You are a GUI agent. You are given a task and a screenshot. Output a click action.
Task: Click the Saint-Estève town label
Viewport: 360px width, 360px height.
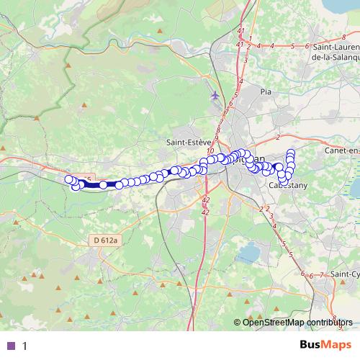pos(188,142)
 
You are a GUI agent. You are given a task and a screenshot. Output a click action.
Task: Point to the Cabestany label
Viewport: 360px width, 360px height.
pos(286,185)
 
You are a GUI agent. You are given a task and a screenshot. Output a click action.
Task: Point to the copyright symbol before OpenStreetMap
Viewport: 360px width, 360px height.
pos(238,322)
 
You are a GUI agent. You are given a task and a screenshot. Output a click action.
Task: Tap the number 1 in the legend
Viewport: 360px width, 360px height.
pos(24,346)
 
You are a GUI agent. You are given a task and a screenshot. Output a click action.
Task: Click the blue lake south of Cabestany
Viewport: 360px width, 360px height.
pos(249,252)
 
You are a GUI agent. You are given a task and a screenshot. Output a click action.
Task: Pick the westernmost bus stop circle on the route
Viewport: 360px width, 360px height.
pos(69,179)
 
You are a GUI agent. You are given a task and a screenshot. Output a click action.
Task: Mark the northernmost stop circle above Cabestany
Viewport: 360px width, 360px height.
pos(291,152)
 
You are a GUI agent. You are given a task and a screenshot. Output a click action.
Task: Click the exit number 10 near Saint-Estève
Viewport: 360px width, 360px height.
pos(210,150)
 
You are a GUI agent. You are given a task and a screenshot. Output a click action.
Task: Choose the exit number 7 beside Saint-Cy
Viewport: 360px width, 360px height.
pos(322,274)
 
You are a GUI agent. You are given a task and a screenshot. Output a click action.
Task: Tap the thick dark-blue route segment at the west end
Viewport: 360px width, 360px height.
pos(92,185)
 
